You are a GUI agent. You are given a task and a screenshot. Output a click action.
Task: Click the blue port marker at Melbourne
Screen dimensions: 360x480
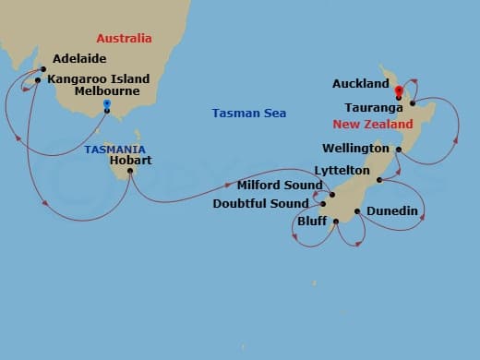(107, 104)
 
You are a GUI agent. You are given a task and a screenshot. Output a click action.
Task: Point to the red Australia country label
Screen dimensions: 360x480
(124, 38)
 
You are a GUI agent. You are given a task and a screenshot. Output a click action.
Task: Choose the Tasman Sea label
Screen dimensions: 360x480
(248, 114)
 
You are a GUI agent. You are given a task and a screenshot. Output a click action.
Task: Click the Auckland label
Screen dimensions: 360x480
(361, 84)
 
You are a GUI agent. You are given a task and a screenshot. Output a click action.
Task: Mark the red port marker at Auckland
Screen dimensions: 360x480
(398, 90)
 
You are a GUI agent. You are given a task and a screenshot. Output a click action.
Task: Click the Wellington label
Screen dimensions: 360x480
(355, 149)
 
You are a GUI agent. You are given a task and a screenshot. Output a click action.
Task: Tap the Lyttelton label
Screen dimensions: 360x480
(342, 172)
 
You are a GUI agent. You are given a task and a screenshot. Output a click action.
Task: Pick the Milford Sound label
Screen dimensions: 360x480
(276, 186)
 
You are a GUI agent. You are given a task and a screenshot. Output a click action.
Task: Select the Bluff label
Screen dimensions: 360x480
(311, 222)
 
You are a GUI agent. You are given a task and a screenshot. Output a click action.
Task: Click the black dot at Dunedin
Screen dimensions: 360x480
(357, 211)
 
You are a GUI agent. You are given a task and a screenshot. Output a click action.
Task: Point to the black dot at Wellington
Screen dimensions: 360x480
(398, 149)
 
